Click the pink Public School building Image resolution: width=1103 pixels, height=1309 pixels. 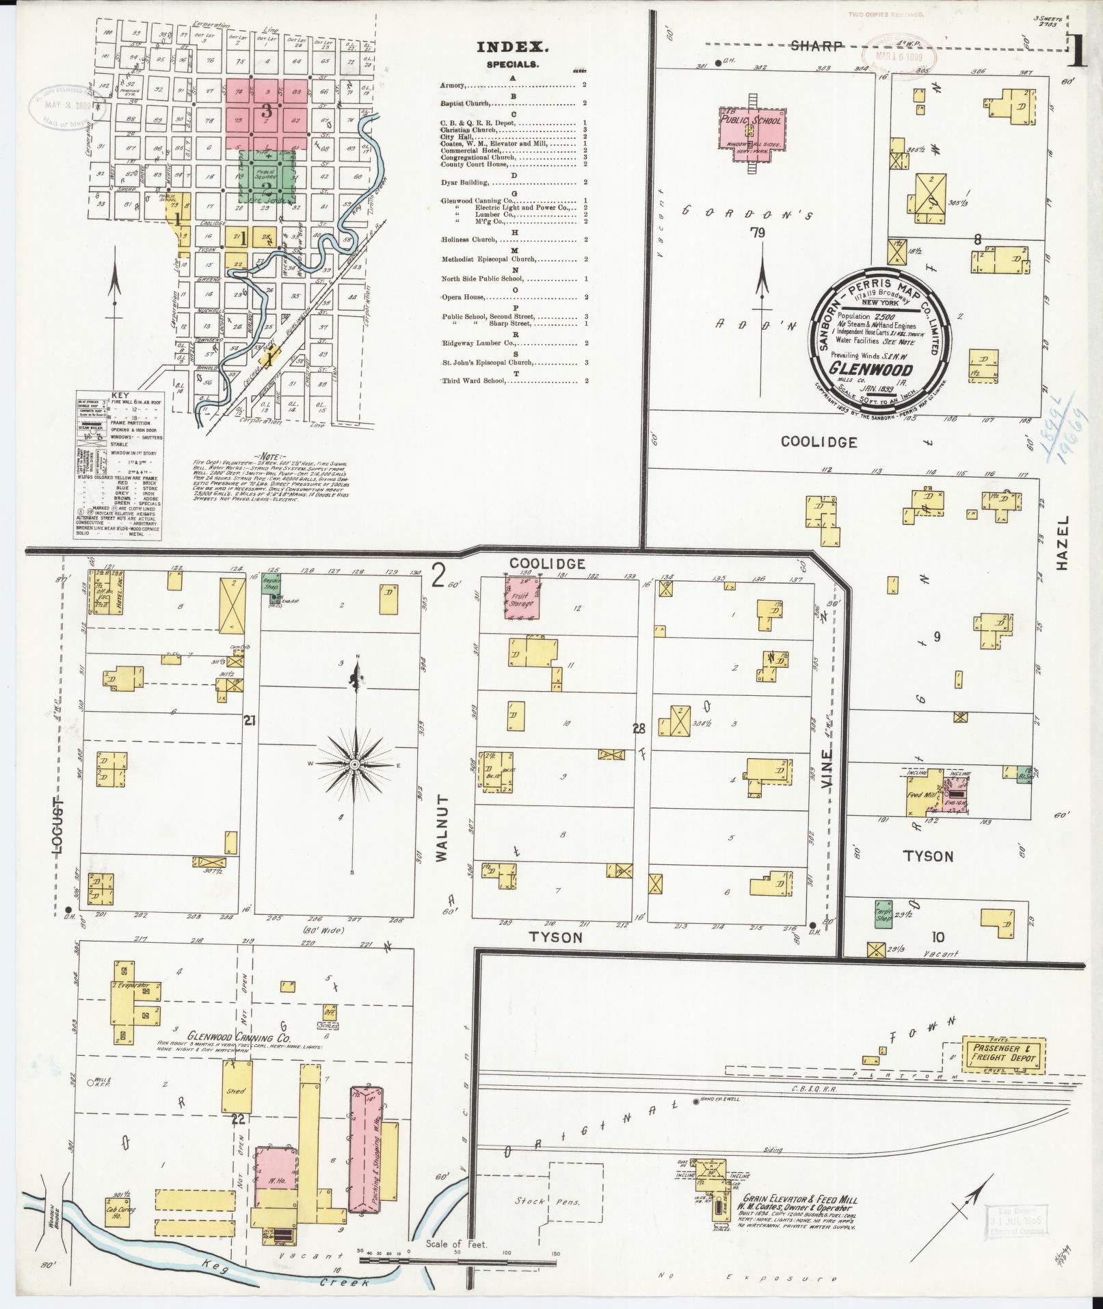coord(751,131)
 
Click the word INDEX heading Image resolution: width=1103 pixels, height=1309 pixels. coord(512,47)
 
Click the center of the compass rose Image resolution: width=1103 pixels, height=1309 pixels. coord(356,763)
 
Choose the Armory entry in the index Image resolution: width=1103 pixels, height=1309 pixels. coord(454,86)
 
